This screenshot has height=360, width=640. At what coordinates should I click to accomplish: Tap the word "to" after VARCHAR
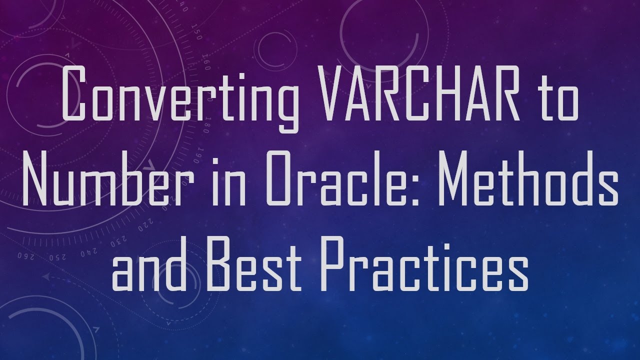click(558, 97)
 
